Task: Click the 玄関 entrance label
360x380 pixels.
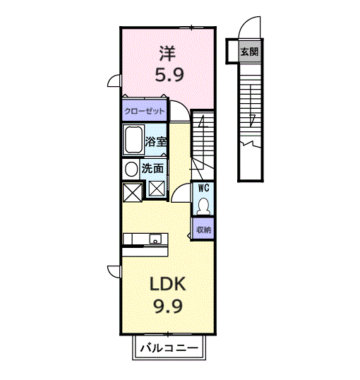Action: (249, 52)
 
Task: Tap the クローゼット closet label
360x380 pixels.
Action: (145, 111)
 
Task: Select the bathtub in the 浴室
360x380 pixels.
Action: (133, 139)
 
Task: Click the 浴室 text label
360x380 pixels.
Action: (156, 142)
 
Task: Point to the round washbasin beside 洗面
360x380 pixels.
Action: (131, 169)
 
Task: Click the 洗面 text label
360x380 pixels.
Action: (152, 168)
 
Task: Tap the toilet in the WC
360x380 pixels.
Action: (203, 206)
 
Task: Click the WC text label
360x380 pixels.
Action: (203, 188)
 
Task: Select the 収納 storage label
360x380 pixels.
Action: (203, 230)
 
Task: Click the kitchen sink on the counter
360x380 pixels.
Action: (155, 239)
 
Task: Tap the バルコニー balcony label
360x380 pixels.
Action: (169, 348)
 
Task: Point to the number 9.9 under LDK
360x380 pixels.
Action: (168, 306)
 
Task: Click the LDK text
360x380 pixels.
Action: (167, 284)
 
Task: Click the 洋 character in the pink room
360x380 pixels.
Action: (167, 54)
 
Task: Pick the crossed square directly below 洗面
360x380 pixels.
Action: (157, 189)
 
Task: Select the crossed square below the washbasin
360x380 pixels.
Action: (132, 192)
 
